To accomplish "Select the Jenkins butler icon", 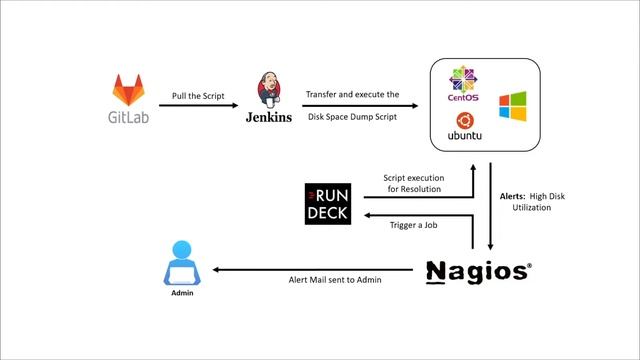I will [x=269, y=90].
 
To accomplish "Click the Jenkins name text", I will [x=269, y=117].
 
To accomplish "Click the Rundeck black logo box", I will [x=328, y=204].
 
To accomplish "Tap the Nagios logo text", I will [x=476, y=271].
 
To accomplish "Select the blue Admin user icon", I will [x=181, y=264].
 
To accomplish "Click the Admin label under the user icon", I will [x=181, y=295].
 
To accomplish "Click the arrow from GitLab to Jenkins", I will [x=198, y=105].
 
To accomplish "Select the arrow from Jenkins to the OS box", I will [x=356, y=105].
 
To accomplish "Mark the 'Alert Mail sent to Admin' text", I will [x=327, y=280].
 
